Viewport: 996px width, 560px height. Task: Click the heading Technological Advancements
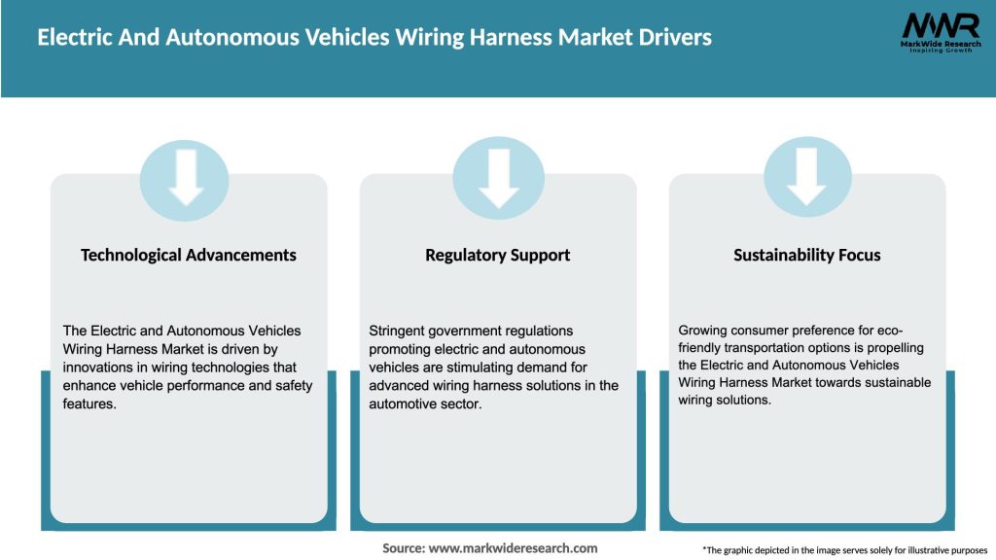tap(189, 255)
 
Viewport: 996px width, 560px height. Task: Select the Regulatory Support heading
tap(497, 255)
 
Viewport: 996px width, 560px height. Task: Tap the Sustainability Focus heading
tap(806, 255)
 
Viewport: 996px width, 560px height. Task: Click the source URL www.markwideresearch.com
tap(514, 548)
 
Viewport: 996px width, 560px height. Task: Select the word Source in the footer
tap(403, 548)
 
